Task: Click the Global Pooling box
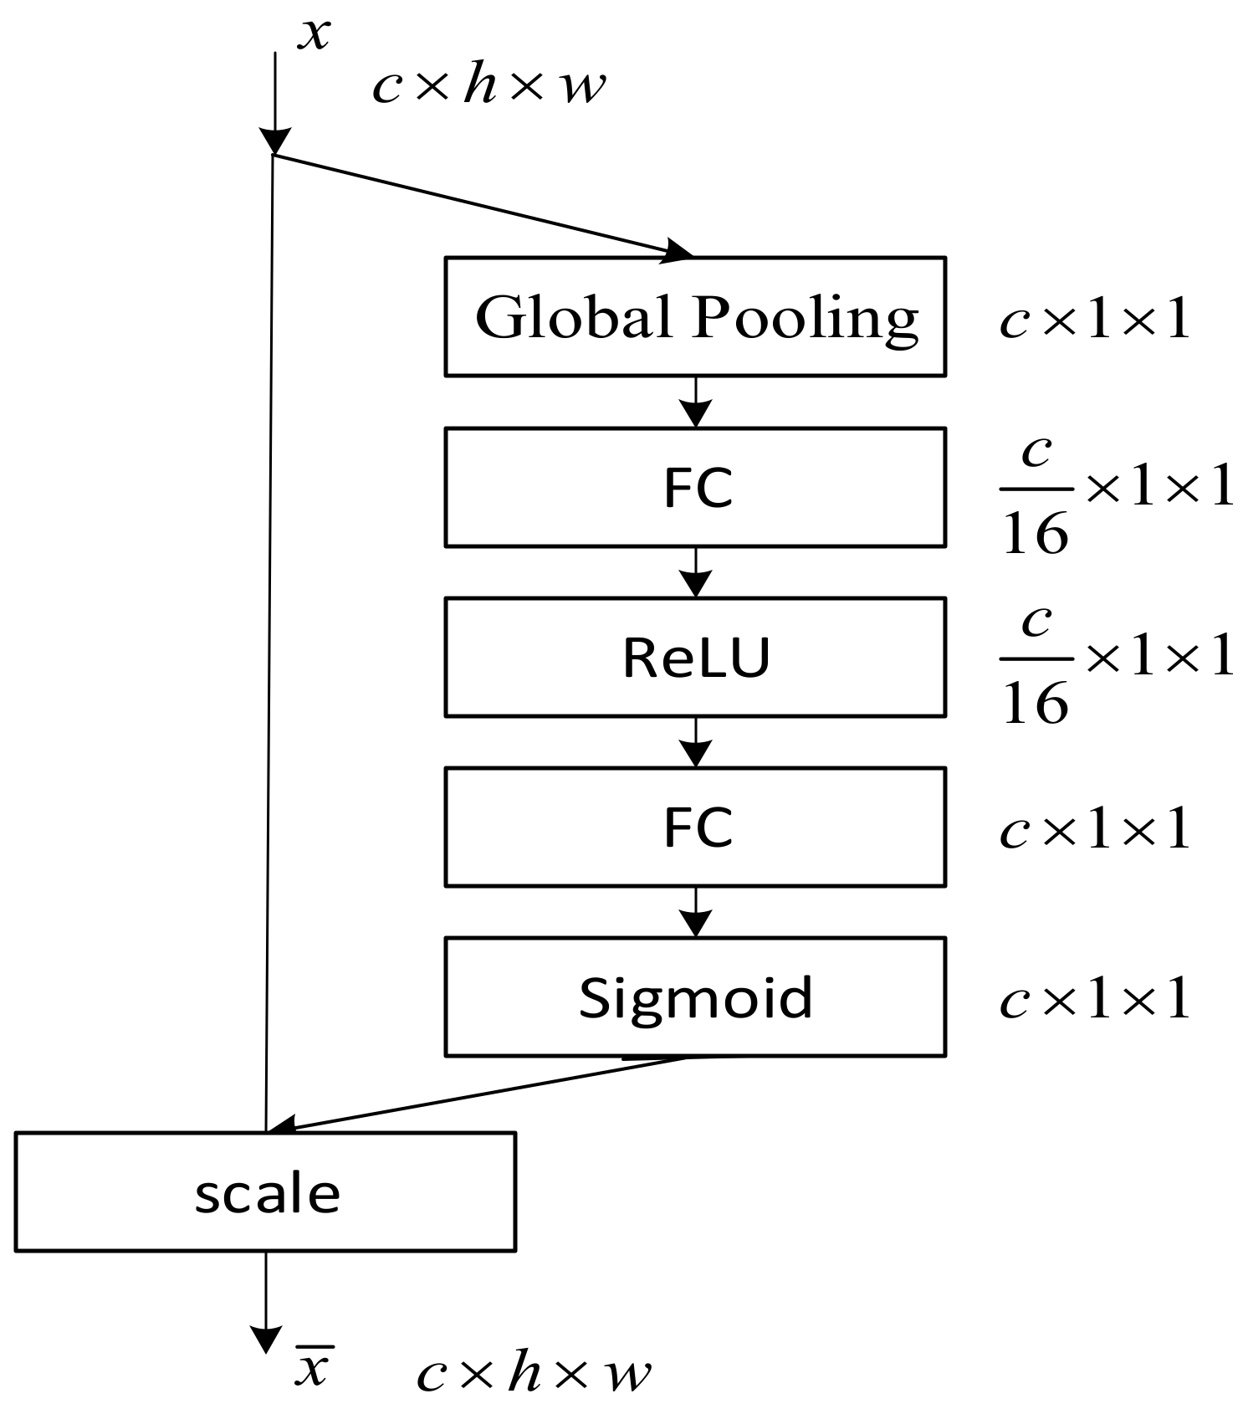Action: click(694, 316)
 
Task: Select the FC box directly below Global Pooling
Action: click(694, 487)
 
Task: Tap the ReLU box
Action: click(694, 657)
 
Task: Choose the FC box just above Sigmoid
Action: click(694, 827)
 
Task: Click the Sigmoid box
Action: click(694, 997)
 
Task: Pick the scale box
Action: click(265, 1191)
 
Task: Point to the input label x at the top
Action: click(315, 33)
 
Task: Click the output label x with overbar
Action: click(314, 1367)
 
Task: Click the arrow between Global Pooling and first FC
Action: click(695, 402)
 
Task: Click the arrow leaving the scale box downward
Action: click(266, 1301)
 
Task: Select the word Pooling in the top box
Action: click(806, 318)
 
